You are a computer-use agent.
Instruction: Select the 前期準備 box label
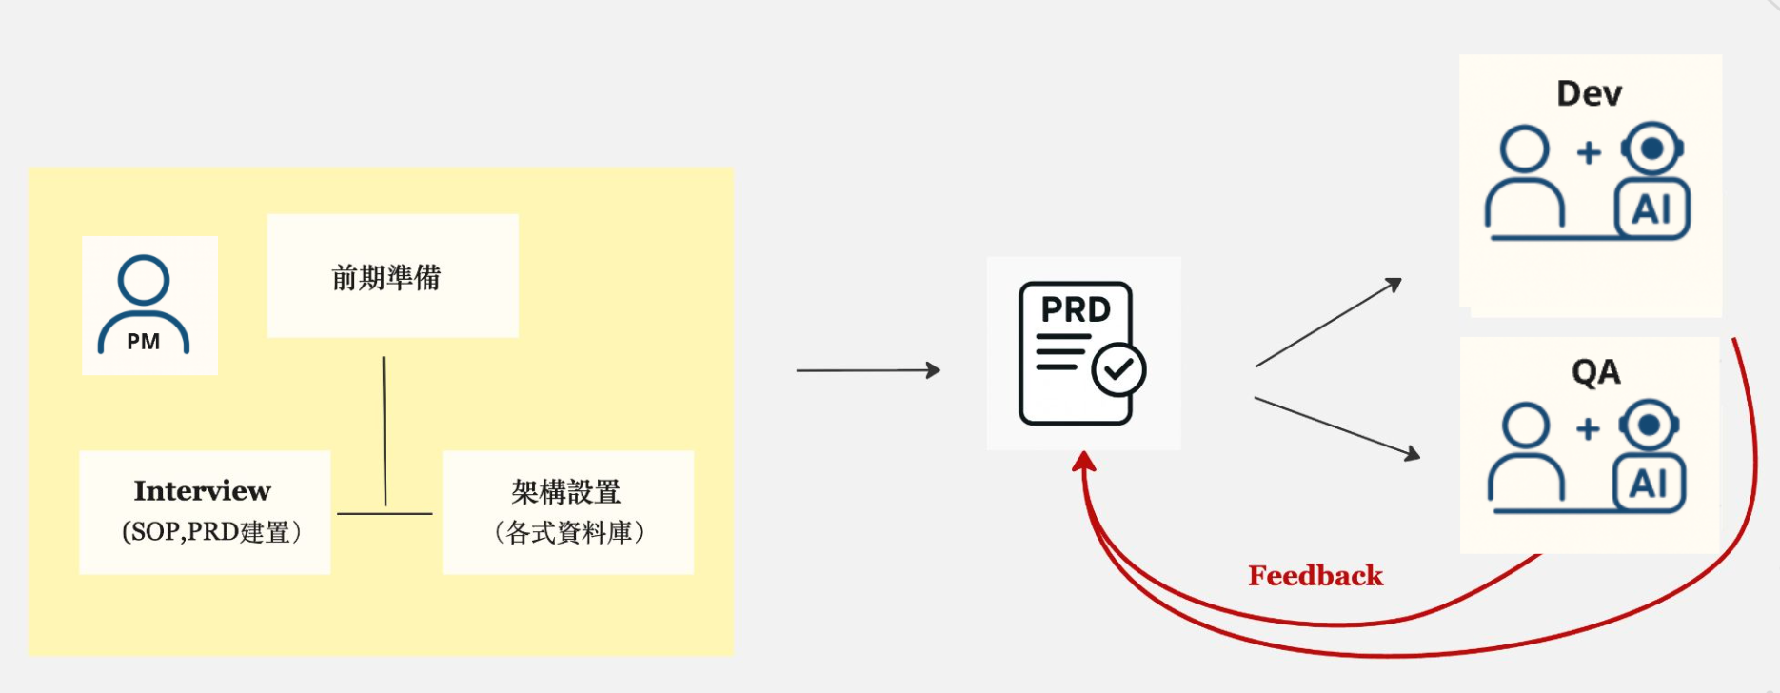click(x=386, y=278)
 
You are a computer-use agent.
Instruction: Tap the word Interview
click(x=203, y=491)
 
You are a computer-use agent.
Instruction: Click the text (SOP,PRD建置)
click(x=211, y=531)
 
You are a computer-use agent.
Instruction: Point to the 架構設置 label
click(x=566, y=492)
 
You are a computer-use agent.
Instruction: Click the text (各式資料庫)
click(x=568, y=532)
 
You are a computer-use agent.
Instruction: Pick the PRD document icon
click(x=1077, y=353)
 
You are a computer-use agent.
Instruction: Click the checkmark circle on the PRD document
click(x=1118, y=370)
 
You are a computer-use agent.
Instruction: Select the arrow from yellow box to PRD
click(x=867, y=370)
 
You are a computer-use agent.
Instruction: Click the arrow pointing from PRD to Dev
click(x=1329, y=323)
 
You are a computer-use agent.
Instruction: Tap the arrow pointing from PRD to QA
click(x=1336, y=428)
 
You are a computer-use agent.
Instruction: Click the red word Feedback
click(x=1315, y=576)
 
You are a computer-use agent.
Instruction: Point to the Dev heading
click(x=1589, y=94)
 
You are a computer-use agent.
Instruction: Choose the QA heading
click(x=1595, y=372)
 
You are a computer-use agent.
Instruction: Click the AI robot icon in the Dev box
click(x=1652, y=181)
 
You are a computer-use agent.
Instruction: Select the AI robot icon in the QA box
click(x=1650, y=457)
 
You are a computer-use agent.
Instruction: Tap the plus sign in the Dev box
click(x=1589, y=152)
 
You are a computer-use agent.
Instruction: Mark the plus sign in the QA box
click(x=1588, y=428)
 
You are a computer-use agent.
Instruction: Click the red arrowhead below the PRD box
click(x=1084, y=462)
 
